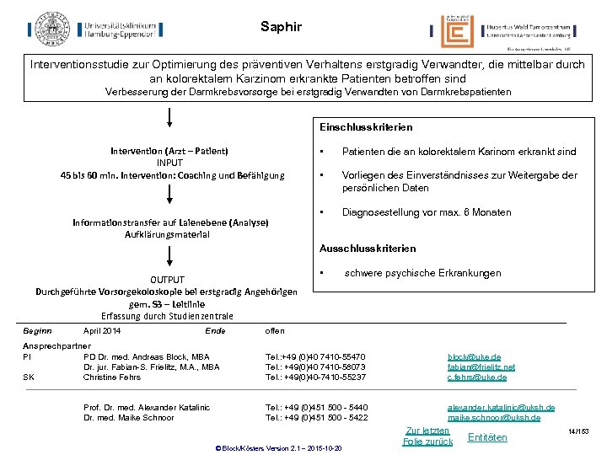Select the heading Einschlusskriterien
coord(366,127)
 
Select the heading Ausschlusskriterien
coord(367,249)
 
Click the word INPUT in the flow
coord(169,163)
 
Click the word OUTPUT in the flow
coord(169,279)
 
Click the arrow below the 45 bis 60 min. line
coord(169,195)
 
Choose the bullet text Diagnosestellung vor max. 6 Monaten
coord(426,212)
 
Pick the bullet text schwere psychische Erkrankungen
coord(422,273)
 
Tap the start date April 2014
coord(102,331)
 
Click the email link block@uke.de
coord(474,357)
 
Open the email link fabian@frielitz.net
coord(481,367)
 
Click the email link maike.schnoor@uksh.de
coord(494,417)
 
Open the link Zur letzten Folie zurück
coord(427,436)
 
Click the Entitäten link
coord(487,436)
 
